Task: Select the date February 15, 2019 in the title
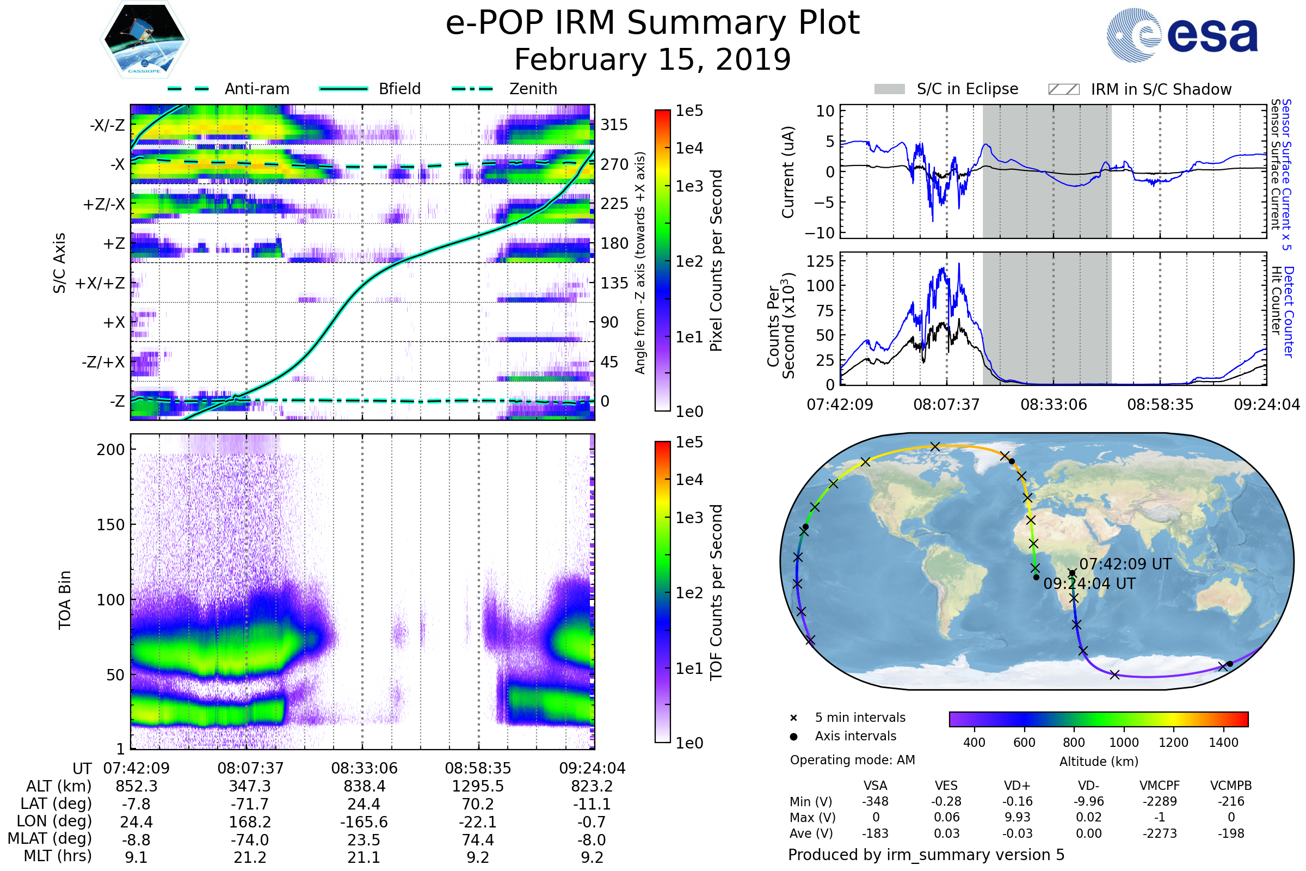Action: (x=652, y=59)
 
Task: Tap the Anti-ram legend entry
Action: (x=256, y=89)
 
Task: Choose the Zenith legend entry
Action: (x=533, y=89)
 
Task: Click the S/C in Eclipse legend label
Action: (x=968, y=89)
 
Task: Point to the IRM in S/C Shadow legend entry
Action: (x=1161, y=89)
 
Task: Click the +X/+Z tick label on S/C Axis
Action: (x=100, y=283)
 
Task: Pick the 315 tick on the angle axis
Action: (x=614, y=125)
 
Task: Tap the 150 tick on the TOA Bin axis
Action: (x=110, y=524)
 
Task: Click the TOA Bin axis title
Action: (x=65, y=600)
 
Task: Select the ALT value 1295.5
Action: (x=478, y=786)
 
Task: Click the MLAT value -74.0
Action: (x=250, y=840)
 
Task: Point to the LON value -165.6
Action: (x=364, y=821)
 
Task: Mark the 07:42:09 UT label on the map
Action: (x=1125, y=564)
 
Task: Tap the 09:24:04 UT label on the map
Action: (x=1089, y=583)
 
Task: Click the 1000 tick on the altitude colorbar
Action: (x=1124, y=742)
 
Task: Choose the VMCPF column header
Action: (x=1160, y=786)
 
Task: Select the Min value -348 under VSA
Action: (x=875, y=801)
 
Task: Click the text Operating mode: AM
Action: (x=852, y=760)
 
